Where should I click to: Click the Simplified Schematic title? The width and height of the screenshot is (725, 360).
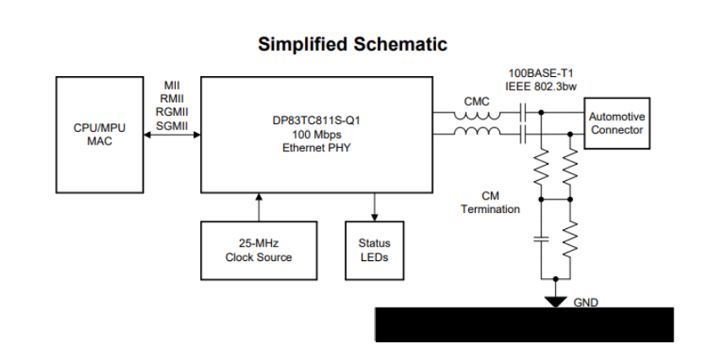pyautogui.click(x=352, y=44)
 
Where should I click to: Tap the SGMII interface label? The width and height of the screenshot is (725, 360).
pyautogui.click(x=172, y=125)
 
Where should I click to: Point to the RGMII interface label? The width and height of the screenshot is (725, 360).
pyautogui.click(x=172, y=112)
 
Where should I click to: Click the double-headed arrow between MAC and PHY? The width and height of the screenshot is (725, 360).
pyautogui.click(x=172, y=135)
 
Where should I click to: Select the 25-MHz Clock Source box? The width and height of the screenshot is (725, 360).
pyautogui.click(x=259, y=250)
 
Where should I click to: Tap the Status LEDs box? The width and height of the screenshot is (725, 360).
pyautogui.click(x=374, y=250)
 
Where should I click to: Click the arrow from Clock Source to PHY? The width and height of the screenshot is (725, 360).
pyautogui.click(x=259, y=206)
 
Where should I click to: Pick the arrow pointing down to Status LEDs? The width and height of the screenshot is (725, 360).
pyautogui.click(x=374, y=206)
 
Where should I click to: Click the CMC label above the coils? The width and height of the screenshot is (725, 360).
pyautogui.click(x=477, y=101)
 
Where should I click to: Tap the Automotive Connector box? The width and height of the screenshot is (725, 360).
pyautogui.click(x=617, y=123)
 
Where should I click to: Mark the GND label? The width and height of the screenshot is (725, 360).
pyautogui.click(x=586, y=302)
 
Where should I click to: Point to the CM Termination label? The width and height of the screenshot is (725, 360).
pyautogui.click(x=490, y=203)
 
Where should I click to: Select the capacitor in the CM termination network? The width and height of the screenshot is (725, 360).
pyautogui.click(x=542, y=238)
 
